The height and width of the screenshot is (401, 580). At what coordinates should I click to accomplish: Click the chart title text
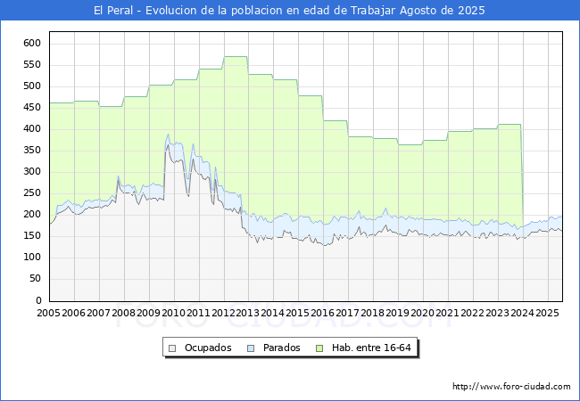coord(290,11)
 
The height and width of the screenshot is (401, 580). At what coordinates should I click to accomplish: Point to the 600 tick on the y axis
coord(33,43)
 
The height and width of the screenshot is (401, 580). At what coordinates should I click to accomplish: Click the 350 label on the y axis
coord(33,150)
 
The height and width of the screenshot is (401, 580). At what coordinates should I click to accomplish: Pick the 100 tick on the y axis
coord(33,258)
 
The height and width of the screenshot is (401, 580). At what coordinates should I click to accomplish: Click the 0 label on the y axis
coord(39,300)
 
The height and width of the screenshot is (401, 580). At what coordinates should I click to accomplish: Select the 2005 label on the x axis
coord(49,314)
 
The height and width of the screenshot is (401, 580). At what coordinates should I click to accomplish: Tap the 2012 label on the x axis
coord(223,314)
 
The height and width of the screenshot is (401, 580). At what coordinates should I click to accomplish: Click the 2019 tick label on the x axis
coord(398,314)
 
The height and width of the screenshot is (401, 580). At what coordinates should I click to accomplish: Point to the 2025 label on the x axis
coord(547,314)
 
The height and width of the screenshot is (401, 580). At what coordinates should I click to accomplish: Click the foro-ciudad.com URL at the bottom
coord(511,387)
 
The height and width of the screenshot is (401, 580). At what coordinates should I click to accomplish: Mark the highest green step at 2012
coord(236,57)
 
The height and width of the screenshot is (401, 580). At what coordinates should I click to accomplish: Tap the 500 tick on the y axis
coord(33,86)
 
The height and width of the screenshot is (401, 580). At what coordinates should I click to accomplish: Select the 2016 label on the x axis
coord(323,314)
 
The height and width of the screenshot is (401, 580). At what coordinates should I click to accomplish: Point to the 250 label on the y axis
coord(33,193)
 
